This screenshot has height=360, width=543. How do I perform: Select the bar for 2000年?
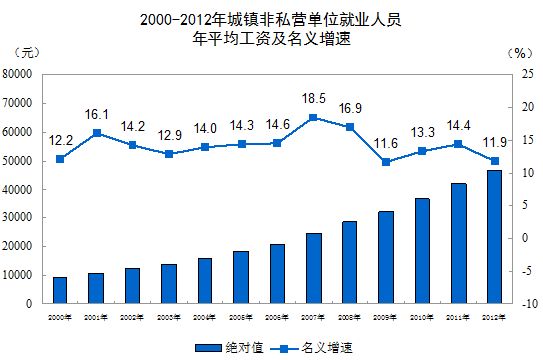click(x=60, y=290)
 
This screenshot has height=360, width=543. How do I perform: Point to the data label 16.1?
click(x=97, y=115)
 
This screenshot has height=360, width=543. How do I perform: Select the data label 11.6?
click(x=386, y=144)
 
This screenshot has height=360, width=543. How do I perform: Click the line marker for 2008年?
click(x=349, y=127)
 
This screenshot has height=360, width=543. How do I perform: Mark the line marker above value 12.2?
click(x=60, y=159)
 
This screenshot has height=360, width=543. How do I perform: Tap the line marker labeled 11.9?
click(x=494, y=161)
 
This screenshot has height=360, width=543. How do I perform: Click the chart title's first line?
click(x=271, y=18)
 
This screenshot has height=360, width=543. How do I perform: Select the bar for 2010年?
click(x=422, y=251)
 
